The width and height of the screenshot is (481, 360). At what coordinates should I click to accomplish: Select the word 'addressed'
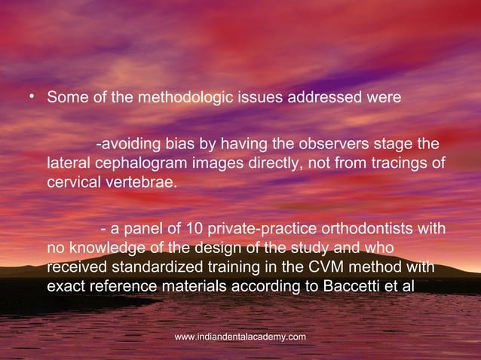pos(320,99)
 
